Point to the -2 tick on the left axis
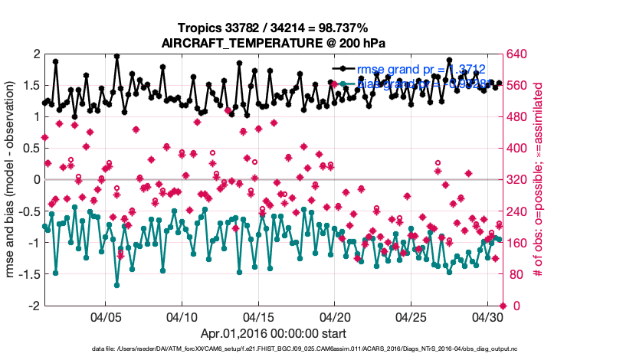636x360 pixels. (x=35, y=306)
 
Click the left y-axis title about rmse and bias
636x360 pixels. (x=13, y=179)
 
